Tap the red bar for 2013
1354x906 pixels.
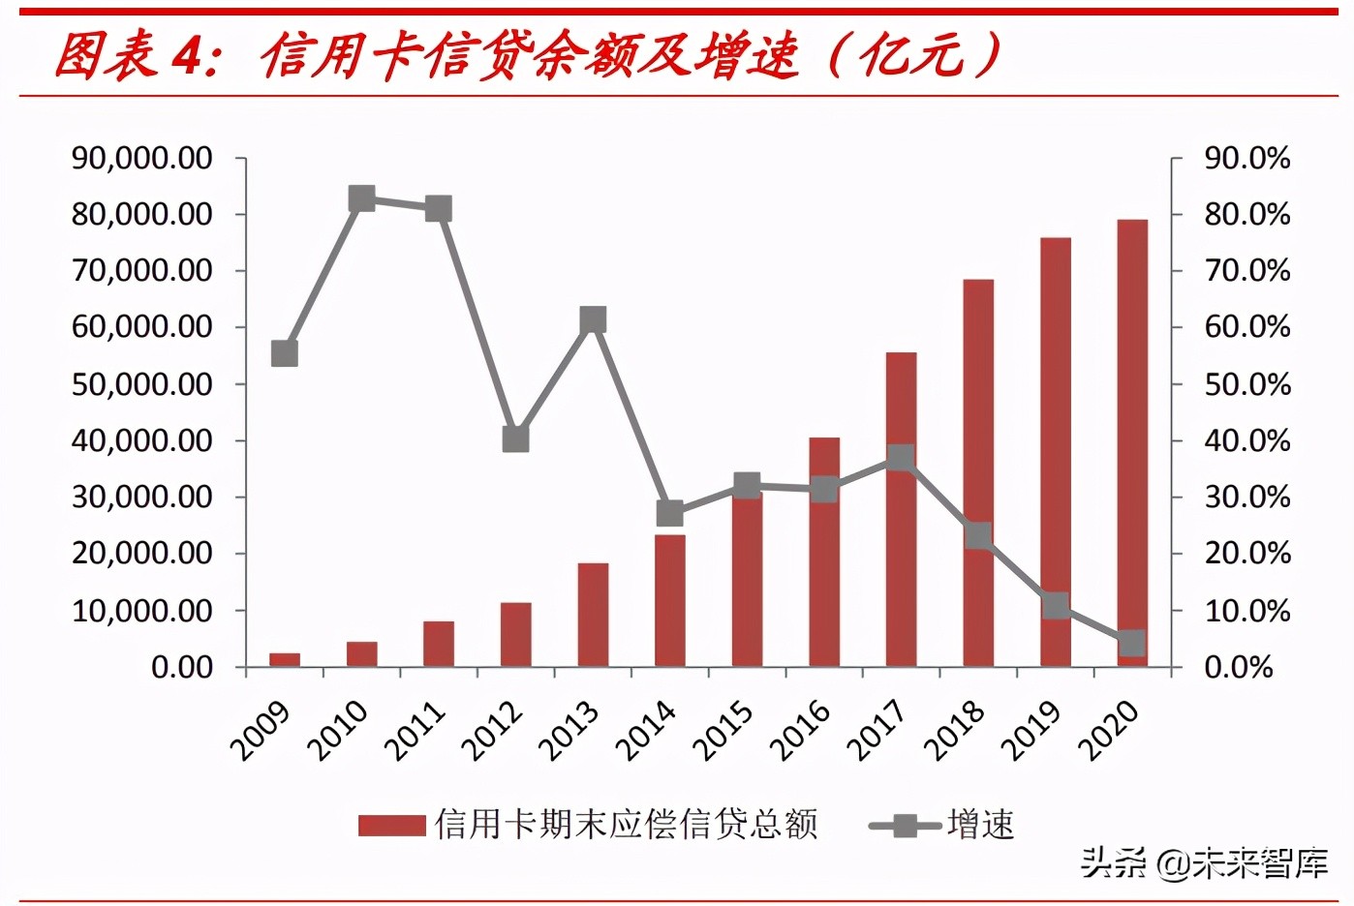(x=593, y=614)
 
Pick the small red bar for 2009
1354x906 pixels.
(x=285, y=660)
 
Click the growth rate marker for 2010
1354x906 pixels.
(x=361, y=199)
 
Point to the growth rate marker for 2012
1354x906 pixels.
(x=515, y=439)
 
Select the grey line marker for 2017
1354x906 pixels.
(x=901, y=457)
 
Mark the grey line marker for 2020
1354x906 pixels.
(x=1131, y=644)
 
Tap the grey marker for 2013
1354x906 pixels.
(x=593, y=320)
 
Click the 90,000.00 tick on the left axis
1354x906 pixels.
(x=141, y=158)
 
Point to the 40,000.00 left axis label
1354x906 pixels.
(x=141, y=440)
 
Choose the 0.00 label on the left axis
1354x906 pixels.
(x=181, y=667)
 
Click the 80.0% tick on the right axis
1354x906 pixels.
(x=1246, y=214)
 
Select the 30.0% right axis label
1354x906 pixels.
(x=1246, y=497)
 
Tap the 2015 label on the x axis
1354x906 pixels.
(x=724, y=731)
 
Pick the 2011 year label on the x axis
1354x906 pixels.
(x=415, y=731)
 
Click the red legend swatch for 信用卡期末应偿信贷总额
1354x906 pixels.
(x=391, y=826)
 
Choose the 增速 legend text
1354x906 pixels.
(x=980, y=826)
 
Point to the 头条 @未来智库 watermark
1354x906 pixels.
(x=1204, y=862)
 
